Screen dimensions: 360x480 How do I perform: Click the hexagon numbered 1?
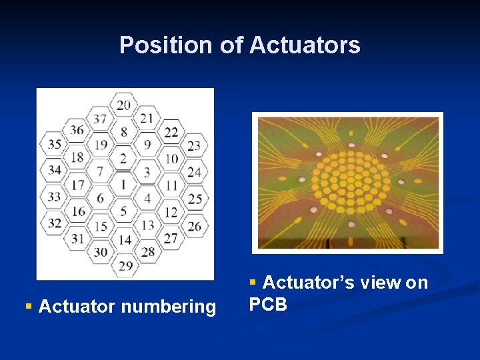click(123, 185)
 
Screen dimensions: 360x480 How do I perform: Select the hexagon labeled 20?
click(124, 105)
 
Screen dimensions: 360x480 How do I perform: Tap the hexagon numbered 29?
click(125, 265)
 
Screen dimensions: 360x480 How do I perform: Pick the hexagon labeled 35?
click(55, 144)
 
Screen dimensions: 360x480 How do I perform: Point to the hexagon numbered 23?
click(193, 145)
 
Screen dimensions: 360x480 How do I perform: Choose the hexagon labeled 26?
click(193, 226)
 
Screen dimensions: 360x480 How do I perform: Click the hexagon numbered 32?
click(55, 223)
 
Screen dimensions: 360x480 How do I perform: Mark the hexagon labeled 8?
click(124, 132)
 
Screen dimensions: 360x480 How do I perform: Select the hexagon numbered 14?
click(125, 239)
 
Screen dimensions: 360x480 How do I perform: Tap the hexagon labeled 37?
click(100, 119)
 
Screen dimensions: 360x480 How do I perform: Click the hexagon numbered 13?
click(147, 225)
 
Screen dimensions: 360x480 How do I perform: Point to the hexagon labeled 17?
click(77, 184)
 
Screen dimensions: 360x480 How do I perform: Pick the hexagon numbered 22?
click(171, 132)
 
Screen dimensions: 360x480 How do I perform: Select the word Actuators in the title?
click(305, 45)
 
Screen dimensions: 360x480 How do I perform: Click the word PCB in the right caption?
click(268, 305)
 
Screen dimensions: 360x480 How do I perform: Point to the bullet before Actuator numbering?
click(29, 306)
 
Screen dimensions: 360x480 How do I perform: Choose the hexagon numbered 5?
click(123, 211)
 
